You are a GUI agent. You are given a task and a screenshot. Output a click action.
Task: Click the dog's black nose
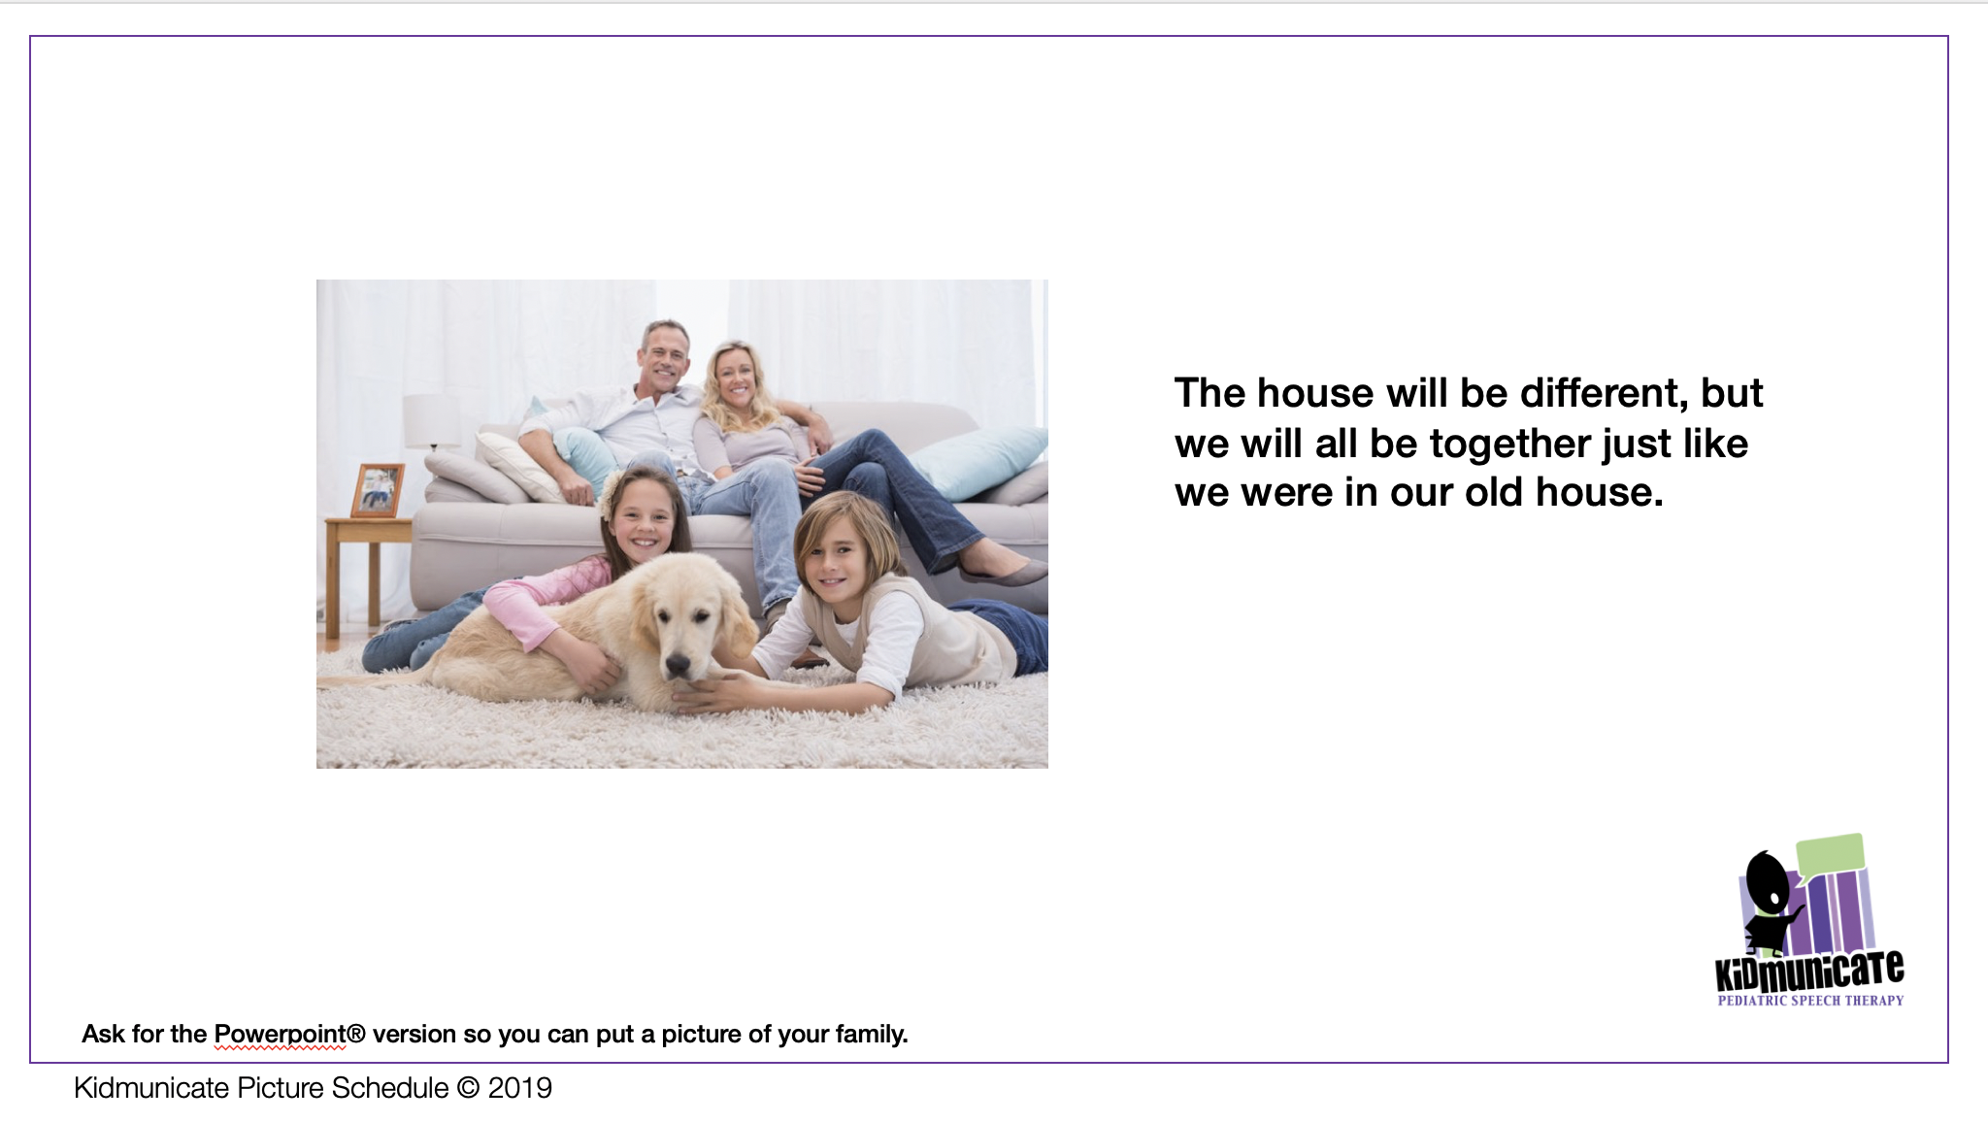677,665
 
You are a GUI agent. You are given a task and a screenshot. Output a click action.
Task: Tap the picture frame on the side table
377,490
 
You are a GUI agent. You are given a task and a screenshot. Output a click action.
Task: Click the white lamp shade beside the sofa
432,420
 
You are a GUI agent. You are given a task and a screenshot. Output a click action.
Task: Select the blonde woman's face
735,378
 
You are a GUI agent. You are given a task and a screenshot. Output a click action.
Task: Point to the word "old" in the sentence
1496,492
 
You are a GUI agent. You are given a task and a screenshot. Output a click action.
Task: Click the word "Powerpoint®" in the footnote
289,1035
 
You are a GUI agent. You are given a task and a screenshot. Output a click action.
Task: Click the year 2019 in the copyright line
520,1088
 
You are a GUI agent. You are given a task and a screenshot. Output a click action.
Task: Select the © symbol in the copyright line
468,1088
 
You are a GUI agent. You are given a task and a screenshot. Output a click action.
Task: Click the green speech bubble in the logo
1831,854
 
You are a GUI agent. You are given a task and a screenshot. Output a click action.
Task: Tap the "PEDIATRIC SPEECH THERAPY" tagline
1810,1001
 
